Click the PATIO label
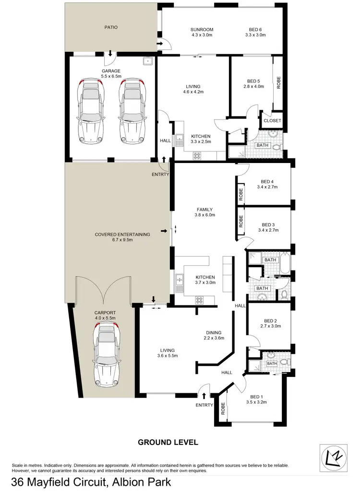tap(111, 27)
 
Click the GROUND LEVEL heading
tap(168, 442)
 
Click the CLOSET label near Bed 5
tap(272, 121)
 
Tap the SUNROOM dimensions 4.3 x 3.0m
tap(202, 35)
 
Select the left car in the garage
tap(90, 111)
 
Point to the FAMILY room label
tap(204, 210)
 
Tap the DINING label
tap(214, 333)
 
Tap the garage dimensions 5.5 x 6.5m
tap(111, 76)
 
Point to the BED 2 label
tap(271, 321)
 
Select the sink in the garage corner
tap(148, 61)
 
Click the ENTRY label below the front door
tap(204, 405)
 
